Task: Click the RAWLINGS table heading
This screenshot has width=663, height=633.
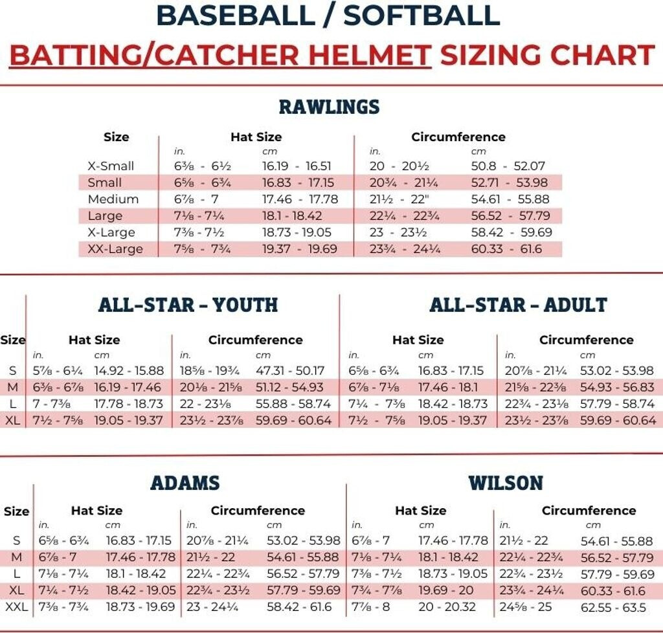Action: point(329,107)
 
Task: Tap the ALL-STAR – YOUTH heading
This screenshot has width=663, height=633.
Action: point(188,305)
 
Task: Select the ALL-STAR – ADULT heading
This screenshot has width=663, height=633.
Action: point(518,305)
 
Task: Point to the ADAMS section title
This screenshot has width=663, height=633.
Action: point(185,483)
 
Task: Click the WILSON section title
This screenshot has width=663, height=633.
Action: point(506,483)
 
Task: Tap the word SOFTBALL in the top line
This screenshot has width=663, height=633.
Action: point(421,16)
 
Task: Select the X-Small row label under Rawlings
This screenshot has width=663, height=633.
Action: point(111,166)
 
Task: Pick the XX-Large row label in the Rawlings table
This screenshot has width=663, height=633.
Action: point(115,249)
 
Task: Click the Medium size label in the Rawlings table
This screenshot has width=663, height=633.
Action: point(113,199)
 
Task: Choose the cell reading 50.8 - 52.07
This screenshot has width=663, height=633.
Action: point(508,166)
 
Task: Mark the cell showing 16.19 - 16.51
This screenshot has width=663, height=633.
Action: point(297,166)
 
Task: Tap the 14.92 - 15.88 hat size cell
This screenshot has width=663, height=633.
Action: point(129,371)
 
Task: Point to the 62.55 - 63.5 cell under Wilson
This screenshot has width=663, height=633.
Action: point(614,608)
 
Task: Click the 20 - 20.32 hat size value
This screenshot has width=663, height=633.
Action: point(447,608)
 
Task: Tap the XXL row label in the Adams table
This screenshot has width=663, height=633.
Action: point(16,608)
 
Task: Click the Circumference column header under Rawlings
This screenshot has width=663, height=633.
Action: point(458,137)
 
